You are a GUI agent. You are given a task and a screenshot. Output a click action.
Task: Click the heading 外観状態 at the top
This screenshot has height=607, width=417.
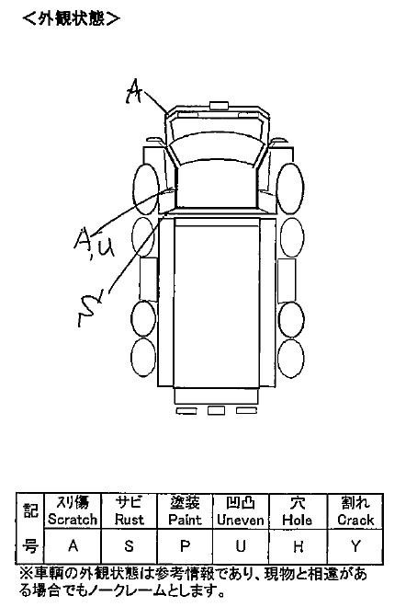coord(72,17)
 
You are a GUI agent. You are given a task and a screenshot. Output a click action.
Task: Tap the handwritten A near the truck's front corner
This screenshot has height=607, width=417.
coord(133,91)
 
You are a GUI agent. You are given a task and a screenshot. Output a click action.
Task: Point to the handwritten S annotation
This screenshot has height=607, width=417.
coord(90,308)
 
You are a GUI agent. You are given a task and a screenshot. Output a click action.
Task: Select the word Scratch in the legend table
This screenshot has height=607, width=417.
coord(73,520)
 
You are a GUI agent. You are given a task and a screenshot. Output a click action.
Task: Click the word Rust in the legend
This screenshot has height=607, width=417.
coord(130,520)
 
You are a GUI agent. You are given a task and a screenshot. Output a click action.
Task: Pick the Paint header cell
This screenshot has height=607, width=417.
coord(186,511)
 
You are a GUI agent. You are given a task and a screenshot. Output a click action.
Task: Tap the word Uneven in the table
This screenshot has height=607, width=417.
coord(241,520)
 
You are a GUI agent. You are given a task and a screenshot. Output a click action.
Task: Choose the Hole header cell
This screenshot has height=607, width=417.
coord(298,511)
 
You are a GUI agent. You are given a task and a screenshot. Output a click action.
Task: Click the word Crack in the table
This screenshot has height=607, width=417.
coord(355,520)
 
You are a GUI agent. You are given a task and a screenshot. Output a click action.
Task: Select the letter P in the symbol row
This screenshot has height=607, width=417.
coord(186,545)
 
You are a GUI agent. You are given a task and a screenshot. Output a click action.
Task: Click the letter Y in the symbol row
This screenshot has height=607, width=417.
coord(355,545)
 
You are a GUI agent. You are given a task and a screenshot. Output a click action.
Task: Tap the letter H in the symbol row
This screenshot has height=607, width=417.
coord(298,545)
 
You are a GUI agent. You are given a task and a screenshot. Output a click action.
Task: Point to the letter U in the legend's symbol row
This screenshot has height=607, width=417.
coord(241,545)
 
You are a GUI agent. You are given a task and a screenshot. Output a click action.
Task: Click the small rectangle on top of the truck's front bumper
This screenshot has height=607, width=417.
coord(219,105)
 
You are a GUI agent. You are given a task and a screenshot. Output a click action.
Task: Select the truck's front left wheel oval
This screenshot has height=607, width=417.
coord(146,189)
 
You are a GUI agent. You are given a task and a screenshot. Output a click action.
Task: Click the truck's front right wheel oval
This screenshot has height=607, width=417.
coord(290,189)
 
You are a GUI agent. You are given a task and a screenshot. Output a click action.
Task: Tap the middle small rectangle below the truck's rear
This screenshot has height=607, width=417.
coord(216,410)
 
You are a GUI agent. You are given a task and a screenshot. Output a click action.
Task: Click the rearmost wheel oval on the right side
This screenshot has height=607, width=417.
coord(291,359)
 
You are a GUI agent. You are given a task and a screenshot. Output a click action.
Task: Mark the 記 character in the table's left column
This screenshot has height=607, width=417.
coord(30,511)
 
